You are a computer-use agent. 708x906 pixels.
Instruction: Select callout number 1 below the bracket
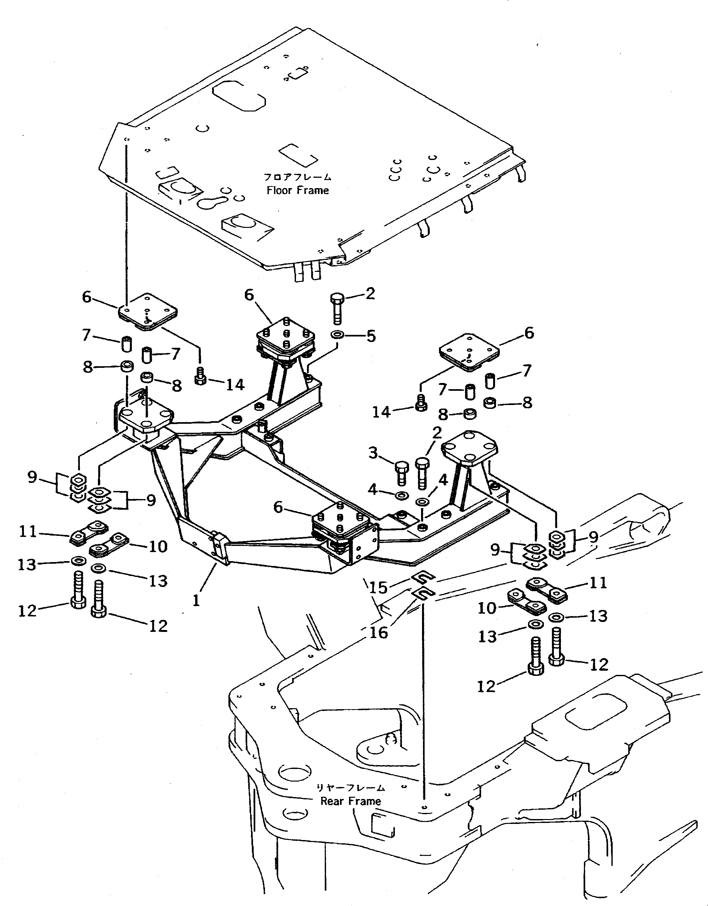[x=196, y=600]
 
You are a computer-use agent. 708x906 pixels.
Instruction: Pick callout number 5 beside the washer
[x=371, y=336]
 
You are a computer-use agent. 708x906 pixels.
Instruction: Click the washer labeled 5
[x=336, y=334]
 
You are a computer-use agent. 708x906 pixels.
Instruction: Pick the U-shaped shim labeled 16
[x=423, y=594]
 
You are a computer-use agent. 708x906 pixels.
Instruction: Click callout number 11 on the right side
[x=598, y=583]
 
